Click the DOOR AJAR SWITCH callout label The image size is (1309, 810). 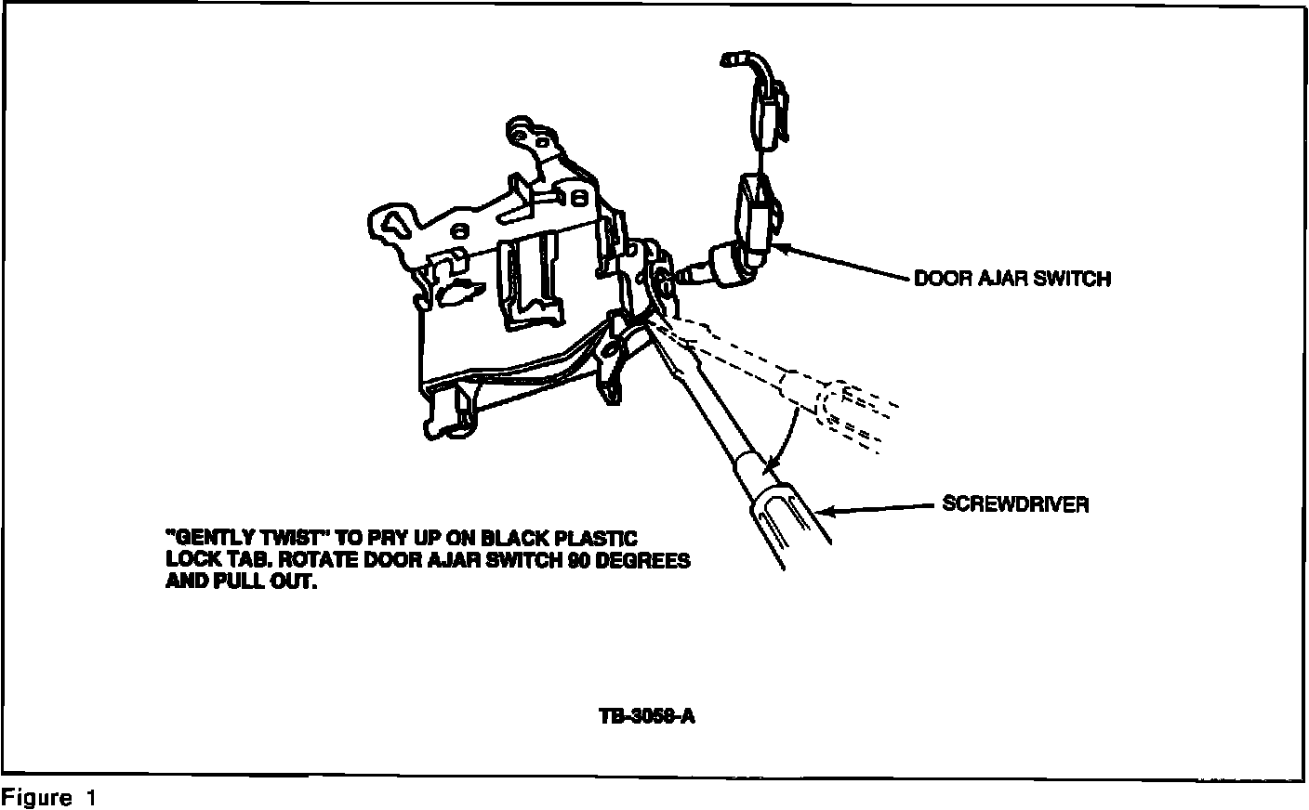1011,278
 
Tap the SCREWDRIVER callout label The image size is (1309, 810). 1014,504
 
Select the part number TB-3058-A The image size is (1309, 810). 647,717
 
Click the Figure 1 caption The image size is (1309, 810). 48,798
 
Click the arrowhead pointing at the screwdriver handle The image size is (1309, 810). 826,510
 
